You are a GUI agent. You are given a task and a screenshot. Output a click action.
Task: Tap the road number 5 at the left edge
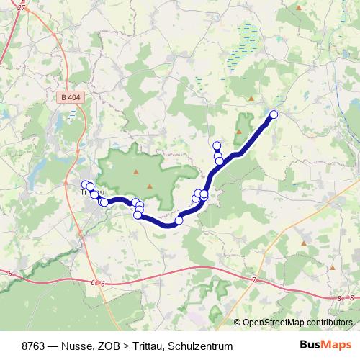11,274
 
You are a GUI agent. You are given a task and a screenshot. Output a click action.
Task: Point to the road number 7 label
255,279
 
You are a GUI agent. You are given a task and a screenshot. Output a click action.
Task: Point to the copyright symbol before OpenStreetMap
238,322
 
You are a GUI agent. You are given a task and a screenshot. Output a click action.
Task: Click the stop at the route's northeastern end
274,114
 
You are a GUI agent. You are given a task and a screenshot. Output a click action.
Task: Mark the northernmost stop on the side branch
217,145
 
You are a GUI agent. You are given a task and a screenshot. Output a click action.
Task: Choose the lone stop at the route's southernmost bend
179,220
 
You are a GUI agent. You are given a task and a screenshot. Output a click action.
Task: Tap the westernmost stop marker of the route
85,184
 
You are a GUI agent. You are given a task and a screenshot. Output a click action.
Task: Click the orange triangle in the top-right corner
298,6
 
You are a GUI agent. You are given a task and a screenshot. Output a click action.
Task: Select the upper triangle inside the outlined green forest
135,171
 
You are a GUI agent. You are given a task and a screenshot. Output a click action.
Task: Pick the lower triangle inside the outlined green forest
150,186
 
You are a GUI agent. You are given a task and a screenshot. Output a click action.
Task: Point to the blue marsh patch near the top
249,33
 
